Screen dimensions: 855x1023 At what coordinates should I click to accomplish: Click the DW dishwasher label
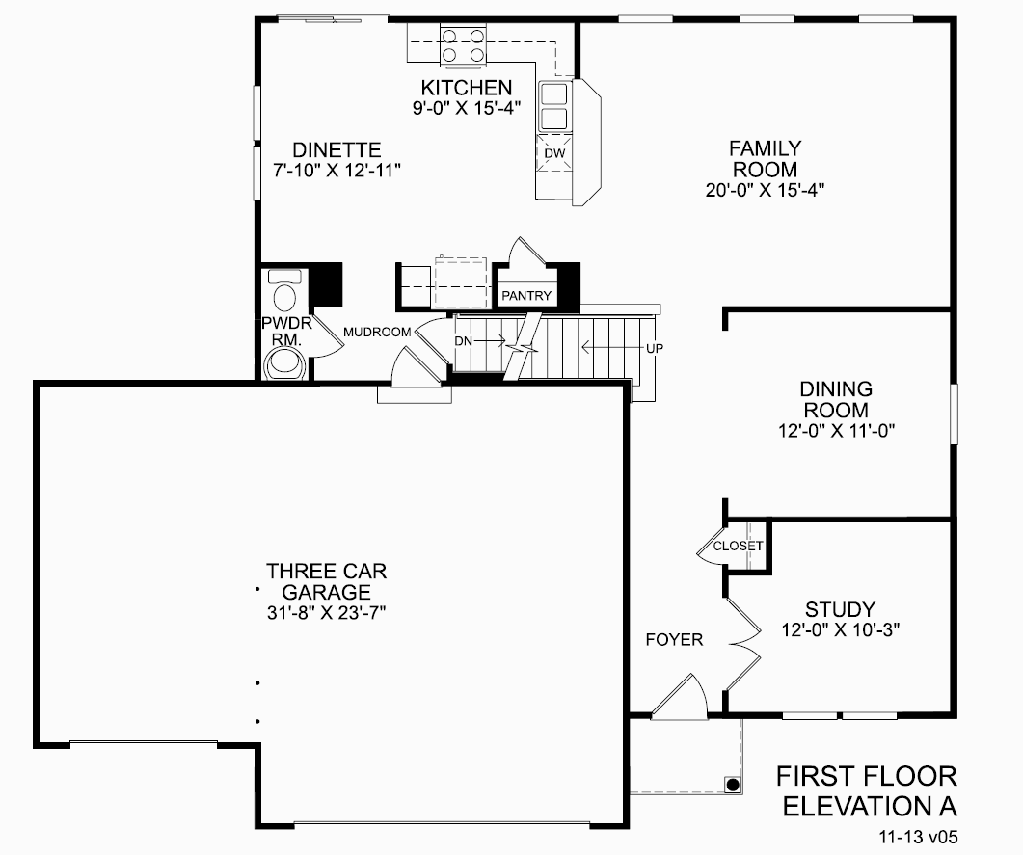(x=553, y=153)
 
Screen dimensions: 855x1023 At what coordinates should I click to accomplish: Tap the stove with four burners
(x=463, y=44)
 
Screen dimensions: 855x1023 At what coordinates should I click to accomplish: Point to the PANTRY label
(x=526, y=296)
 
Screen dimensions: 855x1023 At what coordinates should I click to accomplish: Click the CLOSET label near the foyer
(x=739, y=547)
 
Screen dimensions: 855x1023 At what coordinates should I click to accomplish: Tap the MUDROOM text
(x=377, y=332)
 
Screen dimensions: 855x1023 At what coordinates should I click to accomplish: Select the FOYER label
(x=674, y=640)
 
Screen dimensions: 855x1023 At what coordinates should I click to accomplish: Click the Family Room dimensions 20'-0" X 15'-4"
(x=764, y=190)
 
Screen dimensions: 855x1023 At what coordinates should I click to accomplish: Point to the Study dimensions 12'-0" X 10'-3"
(x=840, y=630)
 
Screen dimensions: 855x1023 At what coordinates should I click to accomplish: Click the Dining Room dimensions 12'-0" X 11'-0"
(x=835, y=431)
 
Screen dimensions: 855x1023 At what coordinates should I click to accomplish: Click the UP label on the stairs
(x=653, y=347)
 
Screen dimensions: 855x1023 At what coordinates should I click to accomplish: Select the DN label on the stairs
(x=463, y=340)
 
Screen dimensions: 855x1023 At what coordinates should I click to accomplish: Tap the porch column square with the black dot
(x=733, y=785)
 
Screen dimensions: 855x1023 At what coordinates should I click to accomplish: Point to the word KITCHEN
(x=467, y=88)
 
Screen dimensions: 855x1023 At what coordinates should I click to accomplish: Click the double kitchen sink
(x=554, y=106)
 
